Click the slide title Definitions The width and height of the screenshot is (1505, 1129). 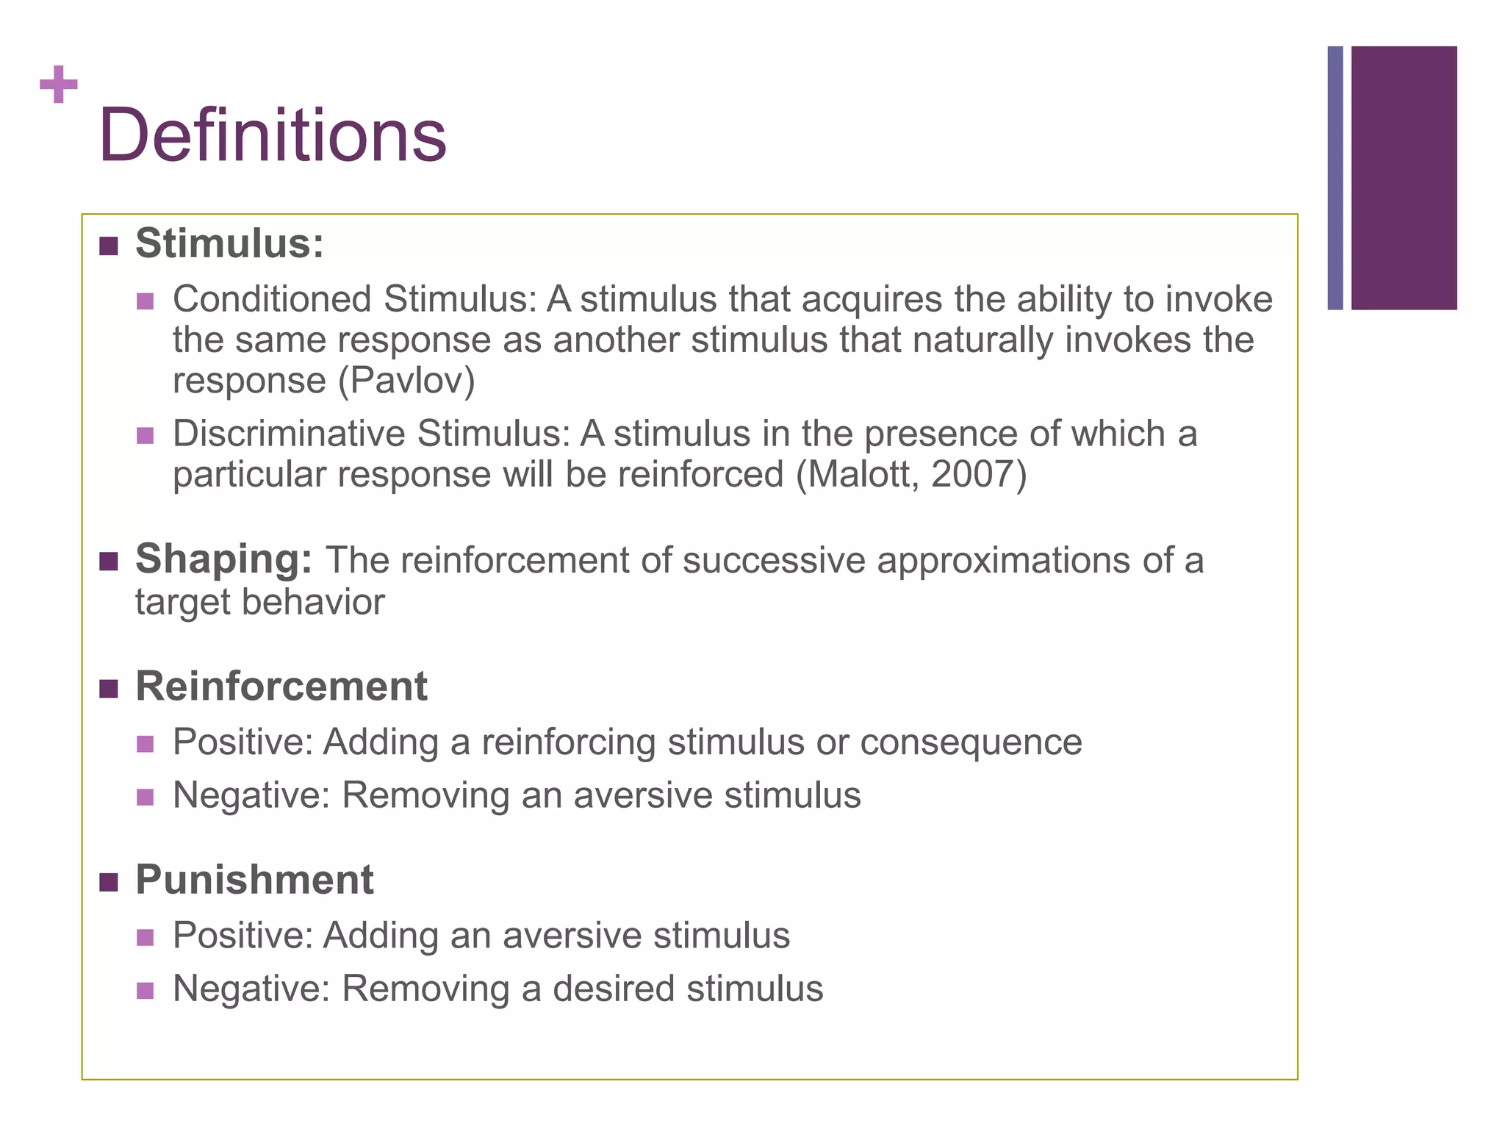tap(273, 136)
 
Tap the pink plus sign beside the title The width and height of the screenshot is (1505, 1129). tap(59, 85)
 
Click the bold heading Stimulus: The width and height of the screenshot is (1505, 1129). tap(229, 243)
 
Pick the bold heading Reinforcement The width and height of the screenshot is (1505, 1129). tap(281, 687)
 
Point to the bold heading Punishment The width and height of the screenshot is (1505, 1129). tap(254, 880)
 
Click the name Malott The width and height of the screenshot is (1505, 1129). tap(860, 475)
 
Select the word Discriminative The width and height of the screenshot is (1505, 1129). tap(288, 434)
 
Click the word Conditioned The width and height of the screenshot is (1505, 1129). tap(272, 299)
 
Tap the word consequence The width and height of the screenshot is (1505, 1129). tap(971, 742)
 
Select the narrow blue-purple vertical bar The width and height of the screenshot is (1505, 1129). tap(1335, 178)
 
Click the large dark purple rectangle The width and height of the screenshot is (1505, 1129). tap(1404, 178)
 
